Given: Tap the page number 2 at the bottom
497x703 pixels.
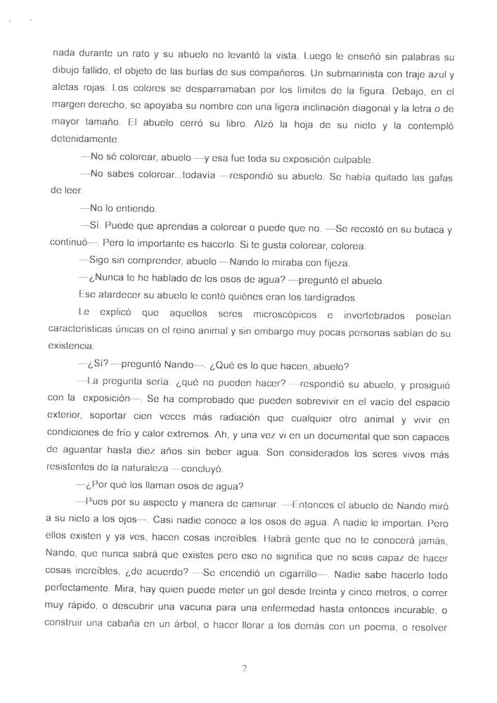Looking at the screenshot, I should (244, 669).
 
